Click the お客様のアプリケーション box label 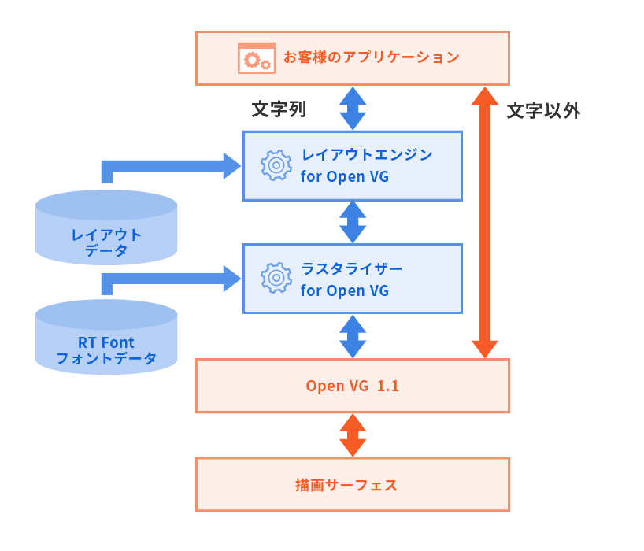pyautogui.click(x=371, y=57)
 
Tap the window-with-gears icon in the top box pyautogui.click(x=257, y=57)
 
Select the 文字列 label pyautogui.click(x=278, y=109)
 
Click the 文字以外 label pyautogui.click(x=543, y=111)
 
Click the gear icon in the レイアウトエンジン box pyautogui.click(x=276, y=165)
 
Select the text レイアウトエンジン pyautogui.click(x=367, y=155)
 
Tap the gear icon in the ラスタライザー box pyautogui.click(x=276, y=278)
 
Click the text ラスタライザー pyautogui.click(x=351, y=268)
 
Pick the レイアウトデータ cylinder pyautogui.click(x=106, y=228)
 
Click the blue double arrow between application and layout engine pyautogui.click(x=353, y=108)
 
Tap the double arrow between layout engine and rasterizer pyautogui.click(x=353, y=222)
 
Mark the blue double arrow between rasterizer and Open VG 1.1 pyautogui.click(x=353, y=336)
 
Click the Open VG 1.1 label pyautogui.click(x=353, y=386)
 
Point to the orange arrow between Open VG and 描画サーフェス pyautogui.click(x=353, y=435)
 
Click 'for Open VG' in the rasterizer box pyautogui.click(x=345, y=290)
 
